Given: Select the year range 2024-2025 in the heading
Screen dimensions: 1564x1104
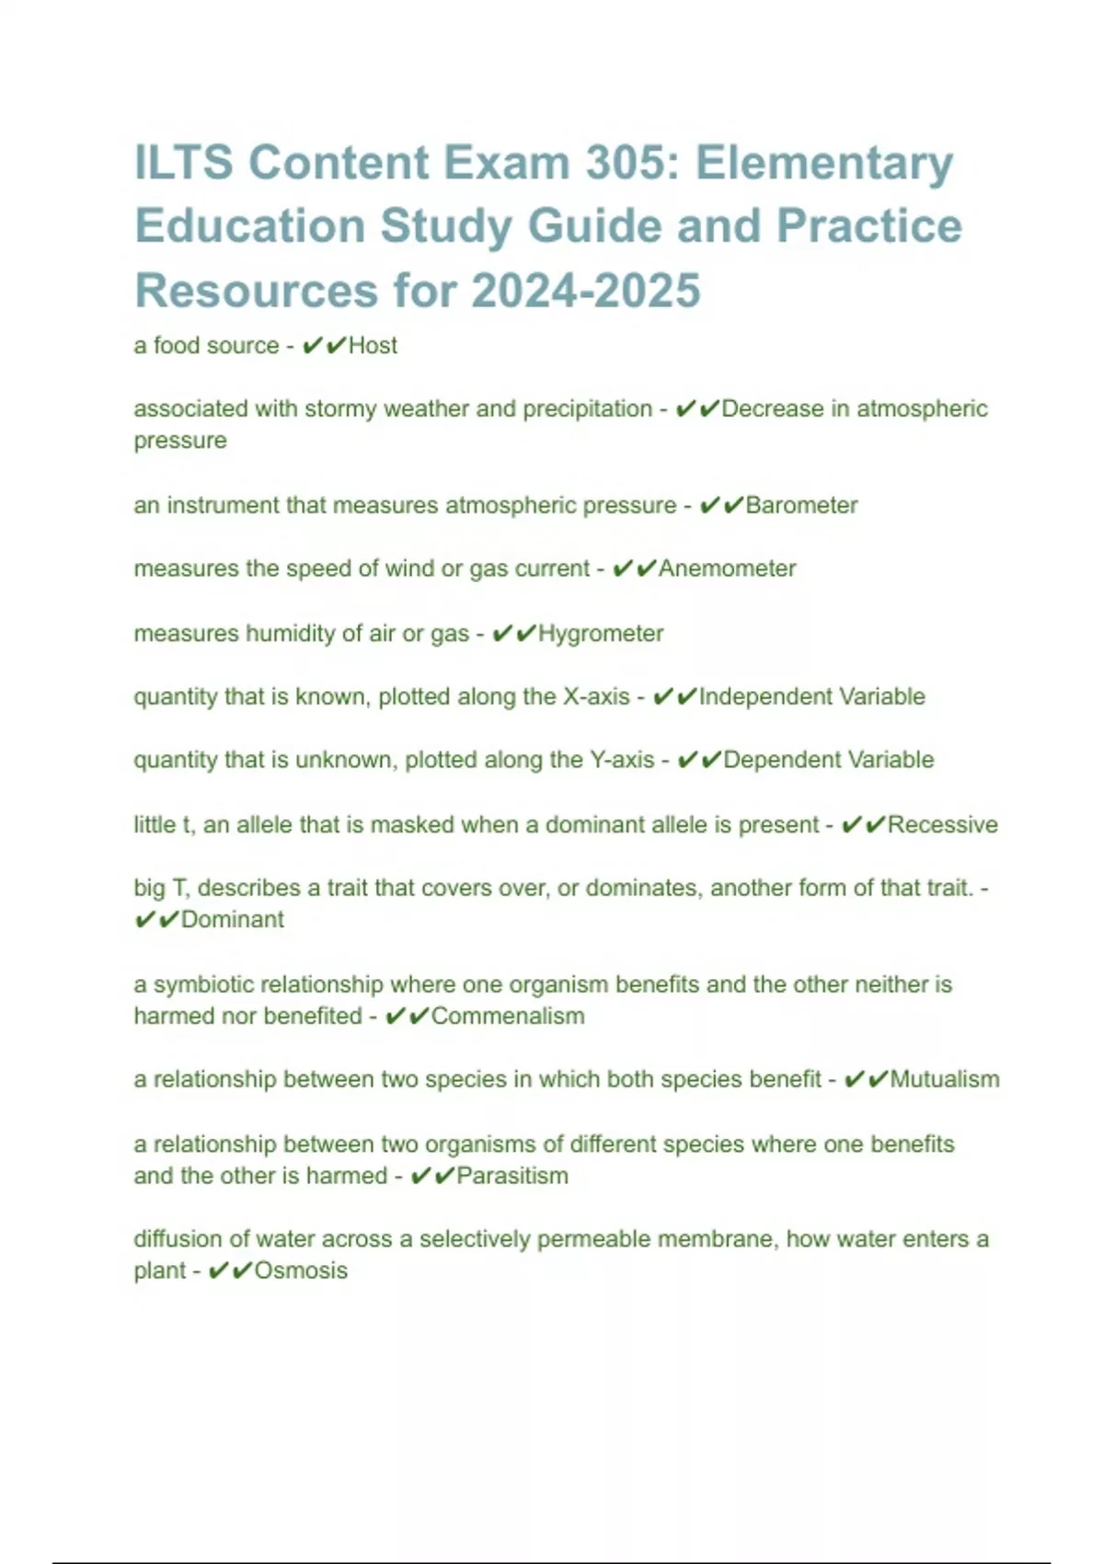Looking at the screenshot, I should (586, 291).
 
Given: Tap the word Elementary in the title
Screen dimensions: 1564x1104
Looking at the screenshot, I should (824, 163).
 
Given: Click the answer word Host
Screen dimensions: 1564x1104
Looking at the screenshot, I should (373, 345).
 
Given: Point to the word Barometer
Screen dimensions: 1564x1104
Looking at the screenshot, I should (801, 505).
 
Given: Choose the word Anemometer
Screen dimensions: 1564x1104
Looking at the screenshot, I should (727, 569).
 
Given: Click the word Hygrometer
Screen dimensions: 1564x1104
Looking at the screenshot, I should (600, 633).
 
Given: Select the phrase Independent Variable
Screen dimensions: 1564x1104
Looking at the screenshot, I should (811, 696).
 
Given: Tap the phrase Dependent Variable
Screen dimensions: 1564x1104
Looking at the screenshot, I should (828, 760).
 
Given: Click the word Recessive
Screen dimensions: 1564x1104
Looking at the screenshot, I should (942, 824).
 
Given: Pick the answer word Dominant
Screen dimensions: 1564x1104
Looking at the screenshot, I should (232, 919).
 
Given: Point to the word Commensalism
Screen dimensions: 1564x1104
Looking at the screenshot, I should (508, 1016).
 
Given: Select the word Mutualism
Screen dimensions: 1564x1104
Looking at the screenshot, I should (944, 1079).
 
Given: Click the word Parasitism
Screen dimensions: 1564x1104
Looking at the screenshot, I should (512, 1176).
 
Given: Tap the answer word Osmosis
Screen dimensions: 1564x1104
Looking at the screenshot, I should (301, 1271).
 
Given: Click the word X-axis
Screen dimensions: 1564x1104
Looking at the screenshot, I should (596, 696).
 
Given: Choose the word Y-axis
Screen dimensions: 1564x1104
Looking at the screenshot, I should (622, 760).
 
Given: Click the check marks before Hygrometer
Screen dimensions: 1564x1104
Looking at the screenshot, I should (513, 633).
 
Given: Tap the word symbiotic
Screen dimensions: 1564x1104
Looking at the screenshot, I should (204, 984).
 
